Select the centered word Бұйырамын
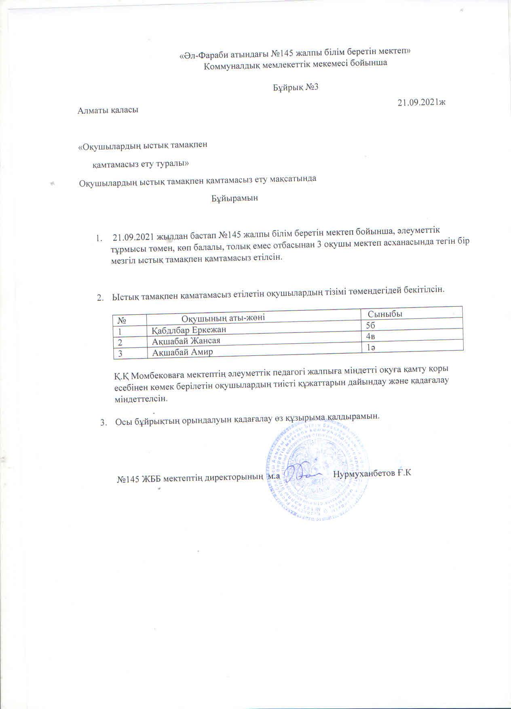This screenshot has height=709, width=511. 234,199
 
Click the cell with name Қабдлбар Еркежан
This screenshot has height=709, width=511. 189,330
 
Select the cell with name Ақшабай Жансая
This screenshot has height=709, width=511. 186,341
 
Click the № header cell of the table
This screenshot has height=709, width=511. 121,320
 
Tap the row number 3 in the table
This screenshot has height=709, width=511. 120,353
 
